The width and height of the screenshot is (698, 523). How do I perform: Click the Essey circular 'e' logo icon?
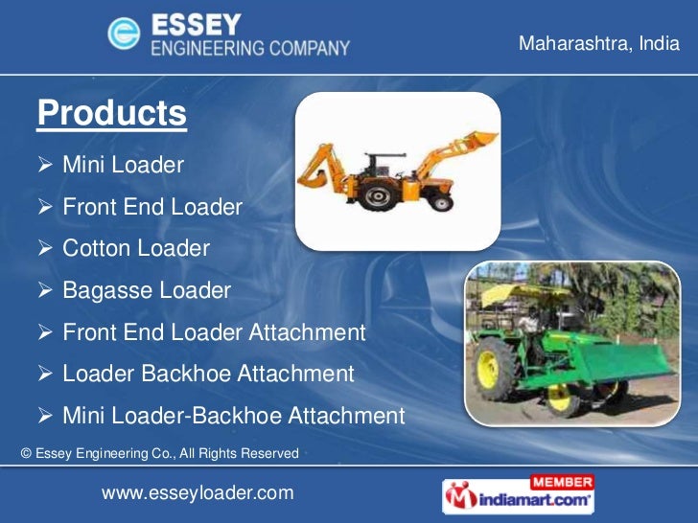coord(126,36)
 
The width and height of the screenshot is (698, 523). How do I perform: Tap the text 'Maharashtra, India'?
coord(598,44)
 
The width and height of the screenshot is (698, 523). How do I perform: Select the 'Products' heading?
coord(111,114)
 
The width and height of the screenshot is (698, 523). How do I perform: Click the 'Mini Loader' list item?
coord(123,166)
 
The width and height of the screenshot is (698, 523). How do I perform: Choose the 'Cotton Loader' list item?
coord(135,248)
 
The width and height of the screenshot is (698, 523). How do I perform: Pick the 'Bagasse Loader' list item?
coord(146,290)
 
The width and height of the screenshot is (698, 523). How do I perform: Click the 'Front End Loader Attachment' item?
coord(214,332)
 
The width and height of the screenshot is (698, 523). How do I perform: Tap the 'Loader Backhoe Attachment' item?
coord(208,374)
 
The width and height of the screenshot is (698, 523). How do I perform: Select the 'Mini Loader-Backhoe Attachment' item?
coord(233,416)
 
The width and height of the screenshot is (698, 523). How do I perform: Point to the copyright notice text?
coord(159,452)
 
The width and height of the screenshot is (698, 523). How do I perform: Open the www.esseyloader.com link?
coord(198,492)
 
